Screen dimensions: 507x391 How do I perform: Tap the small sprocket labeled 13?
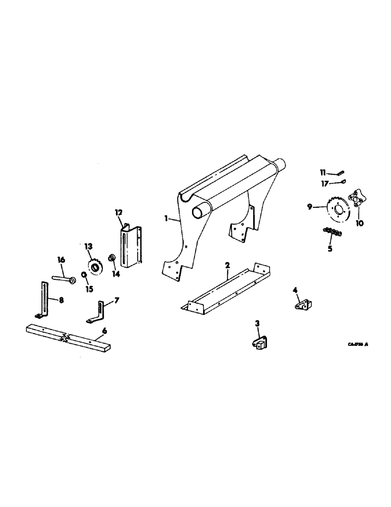(94, 266)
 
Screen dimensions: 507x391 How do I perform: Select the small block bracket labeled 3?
(259, 344)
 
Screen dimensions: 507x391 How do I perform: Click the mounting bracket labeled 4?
(303, 306)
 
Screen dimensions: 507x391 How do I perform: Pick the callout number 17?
(325, 183)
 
